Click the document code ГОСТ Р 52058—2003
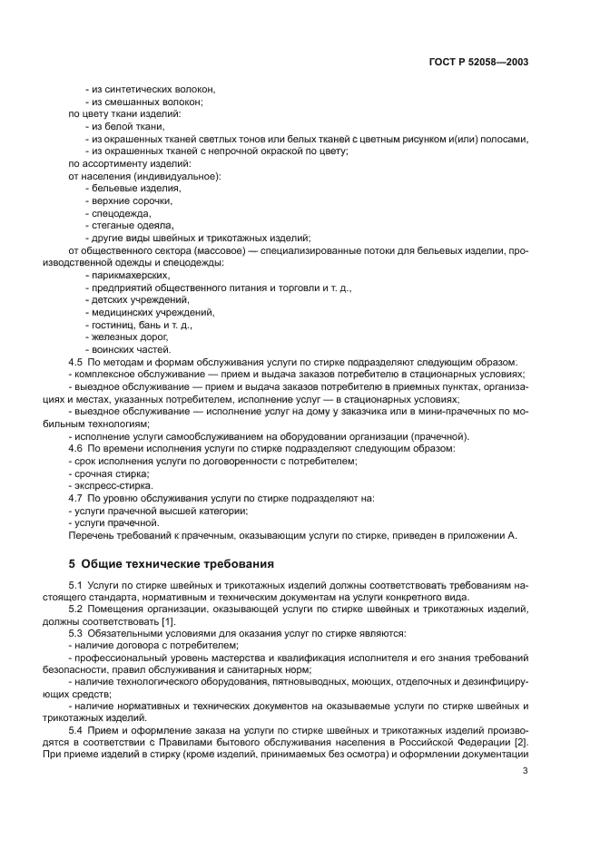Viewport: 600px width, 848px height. pos(479,63)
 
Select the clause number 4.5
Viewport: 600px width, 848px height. pos(76,362)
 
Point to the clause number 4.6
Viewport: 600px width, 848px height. pos(76,448)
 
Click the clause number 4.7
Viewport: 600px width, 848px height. pos(76,498)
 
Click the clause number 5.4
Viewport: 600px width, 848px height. pos(76,730)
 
